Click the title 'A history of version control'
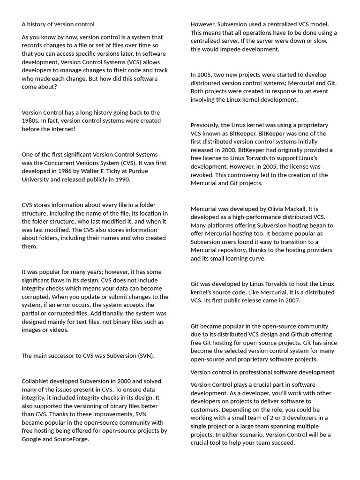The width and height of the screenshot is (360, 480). click(x=58, y=24)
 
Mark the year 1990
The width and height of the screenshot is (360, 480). click(x=123, y=180)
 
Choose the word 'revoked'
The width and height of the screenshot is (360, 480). click(x=204, y=175)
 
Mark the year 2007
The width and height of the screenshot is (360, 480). click(x=291, y=300)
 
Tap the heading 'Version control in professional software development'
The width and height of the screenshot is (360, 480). click(x=262, y=372)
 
